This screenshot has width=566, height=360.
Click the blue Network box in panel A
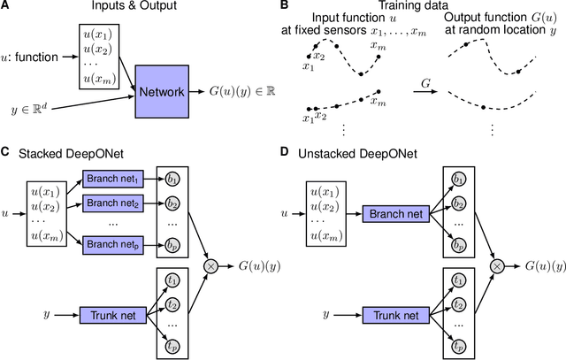[x=162, y=92]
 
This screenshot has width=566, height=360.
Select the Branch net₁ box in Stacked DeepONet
[x=113, y=179]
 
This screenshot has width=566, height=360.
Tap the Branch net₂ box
[x=113, y=203]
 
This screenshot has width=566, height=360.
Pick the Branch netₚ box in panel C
[x=113, y=245]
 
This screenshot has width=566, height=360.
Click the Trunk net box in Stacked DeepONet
[x=113, y=315]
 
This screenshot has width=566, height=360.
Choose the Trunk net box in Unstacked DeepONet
[x=396, y=315]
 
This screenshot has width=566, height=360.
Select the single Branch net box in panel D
[x=396, y=214]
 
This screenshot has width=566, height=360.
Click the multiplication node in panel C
[x=211, y=266]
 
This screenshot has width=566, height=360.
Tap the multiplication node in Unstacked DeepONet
[x=497, y=266]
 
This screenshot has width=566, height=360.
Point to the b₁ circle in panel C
[x=172, y=180]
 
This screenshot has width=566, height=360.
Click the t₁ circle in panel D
[x=458, y=280]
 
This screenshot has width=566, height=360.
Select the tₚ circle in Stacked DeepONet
[x=172, y=347]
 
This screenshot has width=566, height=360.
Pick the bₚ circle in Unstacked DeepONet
[x=458, y=246]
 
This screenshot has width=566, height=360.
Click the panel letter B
[x=285, y=5]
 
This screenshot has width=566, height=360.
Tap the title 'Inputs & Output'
[x=134, y=5]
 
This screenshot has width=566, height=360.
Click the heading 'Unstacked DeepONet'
[x=357, y=154]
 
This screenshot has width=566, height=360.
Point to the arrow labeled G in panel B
[x=425, y=92]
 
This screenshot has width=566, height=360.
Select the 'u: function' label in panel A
[x=29, y=57]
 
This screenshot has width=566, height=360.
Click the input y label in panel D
[x=326, y=315]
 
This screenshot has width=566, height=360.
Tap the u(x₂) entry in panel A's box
[x=98, y=50]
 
